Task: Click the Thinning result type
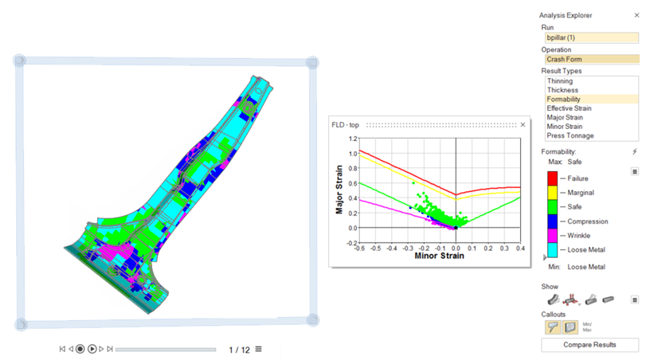(559, 81)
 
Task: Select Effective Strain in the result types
(569, 108)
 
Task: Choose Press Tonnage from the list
(570, 135)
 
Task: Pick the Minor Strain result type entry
(565, 127)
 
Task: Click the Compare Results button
(589, 345)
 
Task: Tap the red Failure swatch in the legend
(552, 178)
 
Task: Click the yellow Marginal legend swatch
(552, 193)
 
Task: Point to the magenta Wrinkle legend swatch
(552, 235)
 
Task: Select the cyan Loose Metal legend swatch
(552, 249)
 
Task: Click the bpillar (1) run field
(592, 37)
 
